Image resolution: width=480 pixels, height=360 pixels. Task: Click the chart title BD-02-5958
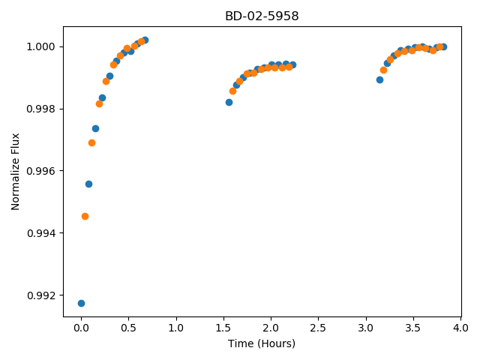pyautogui.click(x=262, y=16)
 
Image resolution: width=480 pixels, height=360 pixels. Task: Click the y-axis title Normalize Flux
pyautogui.click(x=15, y=172)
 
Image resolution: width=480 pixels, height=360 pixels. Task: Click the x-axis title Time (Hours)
pyautogui.click(x=262, y=343)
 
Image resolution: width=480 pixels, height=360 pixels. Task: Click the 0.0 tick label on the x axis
pyautogui.click(x=81, y=328)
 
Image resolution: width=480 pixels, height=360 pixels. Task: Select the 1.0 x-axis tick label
pyautogui.click(x=176, y=328)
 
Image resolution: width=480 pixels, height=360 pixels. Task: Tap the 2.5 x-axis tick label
pyautogui.click(x=318, y=328)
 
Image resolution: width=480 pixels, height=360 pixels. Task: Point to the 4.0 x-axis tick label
pyautogui.click(x=460, y=328)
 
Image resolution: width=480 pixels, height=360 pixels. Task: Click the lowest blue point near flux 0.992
pyautogui.click(x=81, y=303)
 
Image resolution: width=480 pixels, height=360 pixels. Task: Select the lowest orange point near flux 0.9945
pyautogui.click(x=85, y=217)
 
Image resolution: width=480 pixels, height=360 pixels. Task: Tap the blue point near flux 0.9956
pyautogui.click(x=88, y=184)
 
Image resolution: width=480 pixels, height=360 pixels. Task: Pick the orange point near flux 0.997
pyautogui.click(x=91, y=143)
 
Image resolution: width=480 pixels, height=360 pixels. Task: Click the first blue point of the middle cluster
pyautogui.click(x=229, y=102)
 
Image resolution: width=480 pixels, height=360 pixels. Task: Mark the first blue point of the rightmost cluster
pyautogui.click(x=380, y=80)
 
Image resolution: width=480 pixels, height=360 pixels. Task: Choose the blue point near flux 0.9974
pyautogui.click(x=95, y=128)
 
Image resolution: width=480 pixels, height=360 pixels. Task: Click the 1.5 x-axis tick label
pyautogui.click(x=223, y=328)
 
